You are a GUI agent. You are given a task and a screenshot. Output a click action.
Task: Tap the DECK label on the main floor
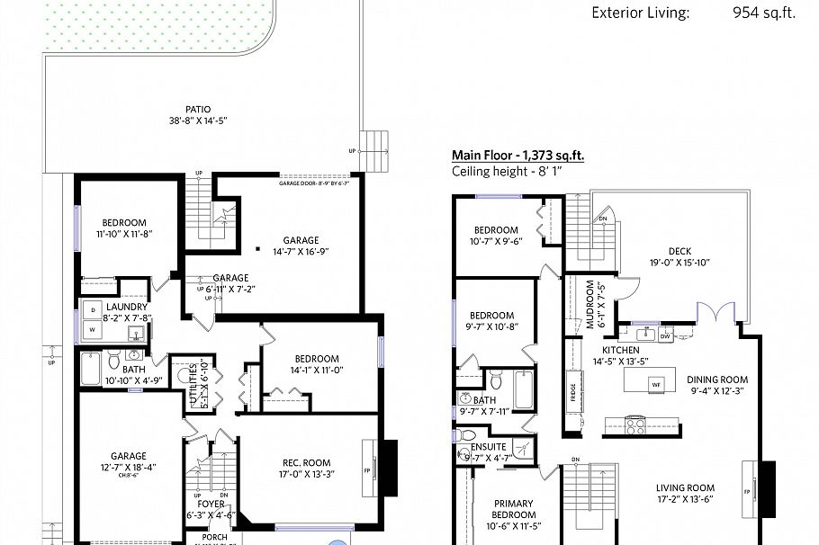pos(679,251)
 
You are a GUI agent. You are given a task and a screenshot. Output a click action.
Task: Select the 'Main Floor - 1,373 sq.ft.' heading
pos(517,156)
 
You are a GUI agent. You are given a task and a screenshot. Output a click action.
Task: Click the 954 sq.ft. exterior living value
pos(764,13)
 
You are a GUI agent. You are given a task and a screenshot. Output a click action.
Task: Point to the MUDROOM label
pos(591,306)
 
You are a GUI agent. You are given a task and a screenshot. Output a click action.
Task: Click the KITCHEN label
pos(621,350)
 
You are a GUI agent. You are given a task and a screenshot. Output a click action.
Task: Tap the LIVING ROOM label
pos(691,489)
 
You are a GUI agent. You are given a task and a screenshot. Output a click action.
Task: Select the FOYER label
pos(211,505)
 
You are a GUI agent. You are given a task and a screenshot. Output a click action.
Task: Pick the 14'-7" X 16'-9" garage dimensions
pos(301,252)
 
